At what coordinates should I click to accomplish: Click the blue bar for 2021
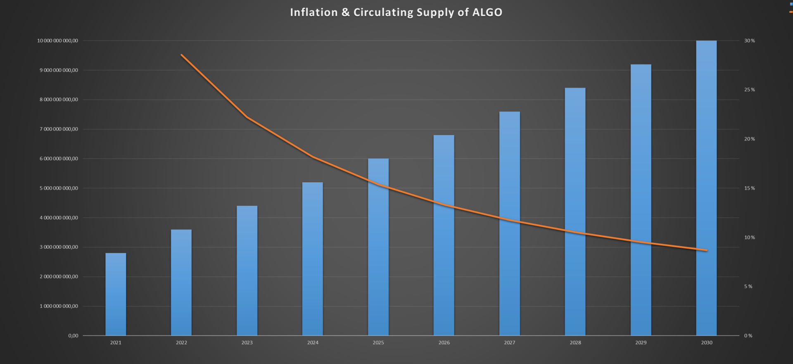pos(116,294)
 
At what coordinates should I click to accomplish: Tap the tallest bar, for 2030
pos(706,188)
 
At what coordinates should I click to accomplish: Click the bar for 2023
pos(247,271)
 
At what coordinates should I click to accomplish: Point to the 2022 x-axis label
pos(181,343)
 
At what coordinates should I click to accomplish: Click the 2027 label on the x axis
pos(509,343)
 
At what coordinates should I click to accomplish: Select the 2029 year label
pos(641,343)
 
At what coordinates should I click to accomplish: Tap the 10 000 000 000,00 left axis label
pos(57,40)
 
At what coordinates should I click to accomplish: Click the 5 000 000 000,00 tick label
pos(59,188)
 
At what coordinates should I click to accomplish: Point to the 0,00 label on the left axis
pos(73,335)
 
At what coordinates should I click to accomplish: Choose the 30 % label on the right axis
pos(749,40)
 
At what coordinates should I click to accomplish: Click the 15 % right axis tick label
pos(749,188)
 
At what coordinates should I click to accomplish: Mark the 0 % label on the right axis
pos(748,335)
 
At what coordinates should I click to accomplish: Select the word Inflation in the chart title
pos(314,12)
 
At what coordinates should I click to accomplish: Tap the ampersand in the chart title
pos(345,12)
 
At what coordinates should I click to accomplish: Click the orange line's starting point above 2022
pos(182,55)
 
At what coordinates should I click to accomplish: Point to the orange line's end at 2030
pos(707,250)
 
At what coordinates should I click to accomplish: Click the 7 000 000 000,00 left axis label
pos(59,129)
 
